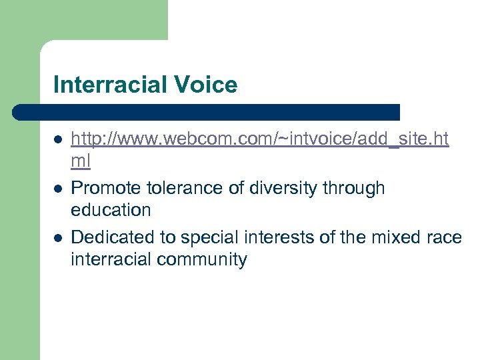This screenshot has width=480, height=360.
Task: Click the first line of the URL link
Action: [x=260, y=139]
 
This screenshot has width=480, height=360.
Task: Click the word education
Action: [x=111, y=211]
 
